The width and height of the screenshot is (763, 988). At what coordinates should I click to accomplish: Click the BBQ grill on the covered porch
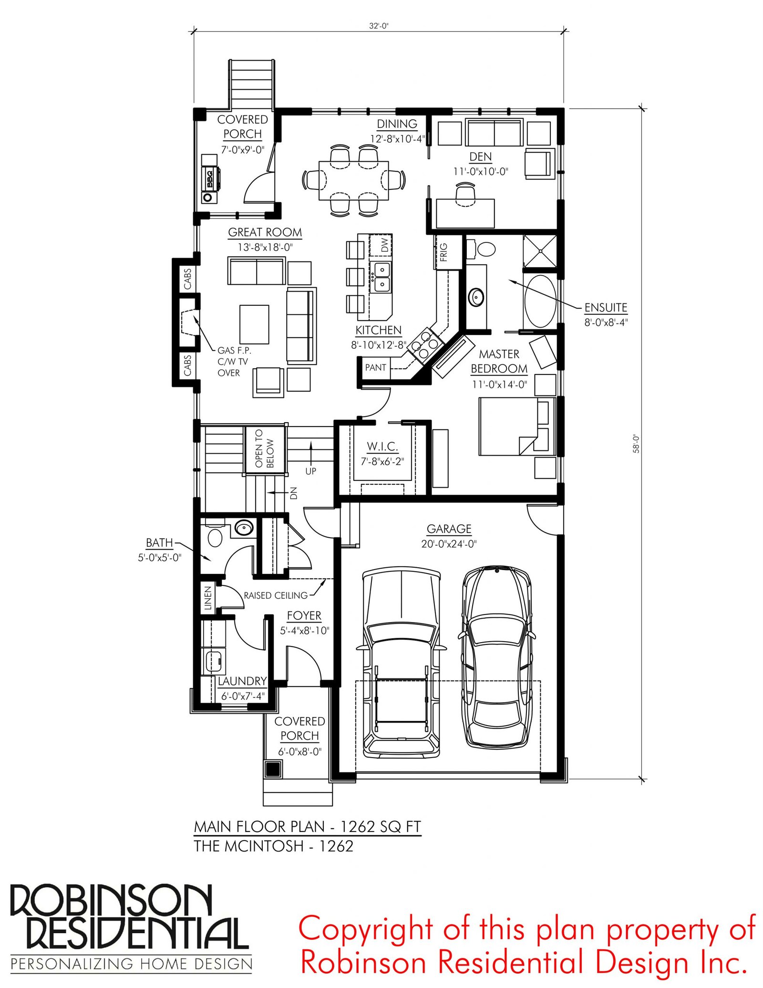pyautogui.click(x=210, y=178)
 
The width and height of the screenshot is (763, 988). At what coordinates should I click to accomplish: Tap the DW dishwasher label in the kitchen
pyautogui.click(x=385, y=245)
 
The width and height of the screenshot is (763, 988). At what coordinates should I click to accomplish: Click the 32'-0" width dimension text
pyautogui.click(x=379, y=26)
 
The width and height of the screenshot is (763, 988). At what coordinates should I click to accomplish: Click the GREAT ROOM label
pyautogui.click(x=265, y=232)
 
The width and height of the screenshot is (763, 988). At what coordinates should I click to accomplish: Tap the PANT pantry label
pyautogui.click(x=375, y=367)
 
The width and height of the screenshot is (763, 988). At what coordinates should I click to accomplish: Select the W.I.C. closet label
pyautogui.click(x=382, y=447)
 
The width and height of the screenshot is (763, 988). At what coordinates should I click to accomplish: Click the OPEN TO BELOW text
pyautogui.click(x=264, y=448)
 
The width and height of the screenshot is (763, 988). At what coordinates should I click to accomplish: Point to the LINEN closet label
pyautogui.click(x=207, y=598)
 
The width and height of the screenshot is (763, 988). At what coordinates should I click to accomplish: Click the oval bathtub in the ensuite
pyautogui.click(x=540, y=301)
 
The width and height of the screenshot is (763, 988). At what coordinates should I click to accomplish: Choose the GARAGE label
pyautogui.click(x=449, y=529)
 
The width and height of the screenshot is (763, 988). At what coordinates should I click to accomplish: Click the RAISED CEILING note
pyautogui.click(x=276, y=595)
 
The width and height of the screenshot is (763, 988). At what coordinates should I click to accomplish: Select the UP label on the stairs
pyautogui.click(x=310, y=471)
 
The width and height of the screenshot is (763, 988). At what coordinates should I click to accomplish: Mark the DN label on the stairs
pyautogui.click(x=294, y=493)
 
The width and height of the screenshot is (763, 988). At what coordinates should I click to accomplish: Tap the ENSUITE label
pyautogui.click(x=606, y=308)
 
